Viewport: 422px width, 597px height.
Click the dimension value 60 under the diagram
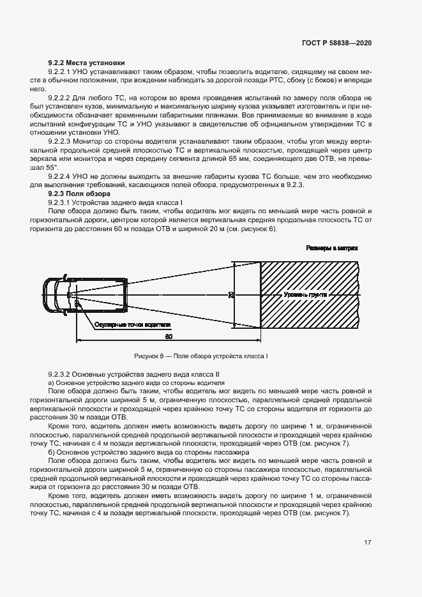168,335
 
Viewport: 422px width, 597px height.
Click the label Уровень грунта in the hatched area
305,295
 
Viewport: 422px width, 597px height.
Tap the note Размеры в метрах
332,248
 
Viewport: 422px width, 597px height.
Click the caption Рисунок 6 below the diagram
200,355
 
